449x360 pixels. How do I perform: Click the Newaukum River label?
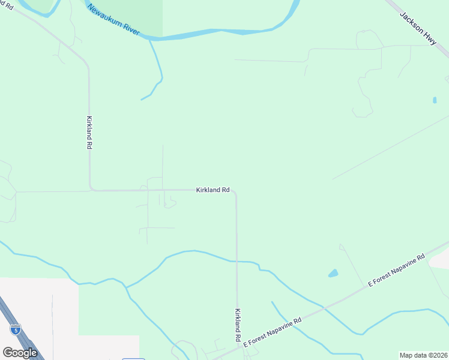113,20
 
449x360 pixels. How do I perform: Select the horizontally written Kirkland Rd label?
212,190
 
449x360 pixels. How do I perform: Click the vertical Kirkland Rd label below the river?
89,133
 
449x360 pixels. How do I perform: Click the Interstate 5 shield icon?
15,329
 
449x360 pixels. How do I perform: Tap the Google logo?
20,353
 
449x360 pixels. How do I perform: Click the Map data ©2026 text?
423,355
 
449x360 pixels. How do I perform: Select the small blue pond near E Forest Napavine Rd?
333,274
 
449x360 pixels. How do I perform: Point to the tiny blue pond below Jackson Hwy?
434,100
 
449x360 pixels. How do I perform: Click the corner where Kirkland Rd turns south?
235,193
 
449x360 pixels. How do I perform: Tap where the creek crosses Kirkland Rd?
237,262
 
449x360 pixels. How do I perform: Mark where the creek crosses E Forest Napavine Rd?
325,308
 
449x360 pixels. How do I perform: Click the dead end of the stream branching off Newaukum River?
142,100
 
